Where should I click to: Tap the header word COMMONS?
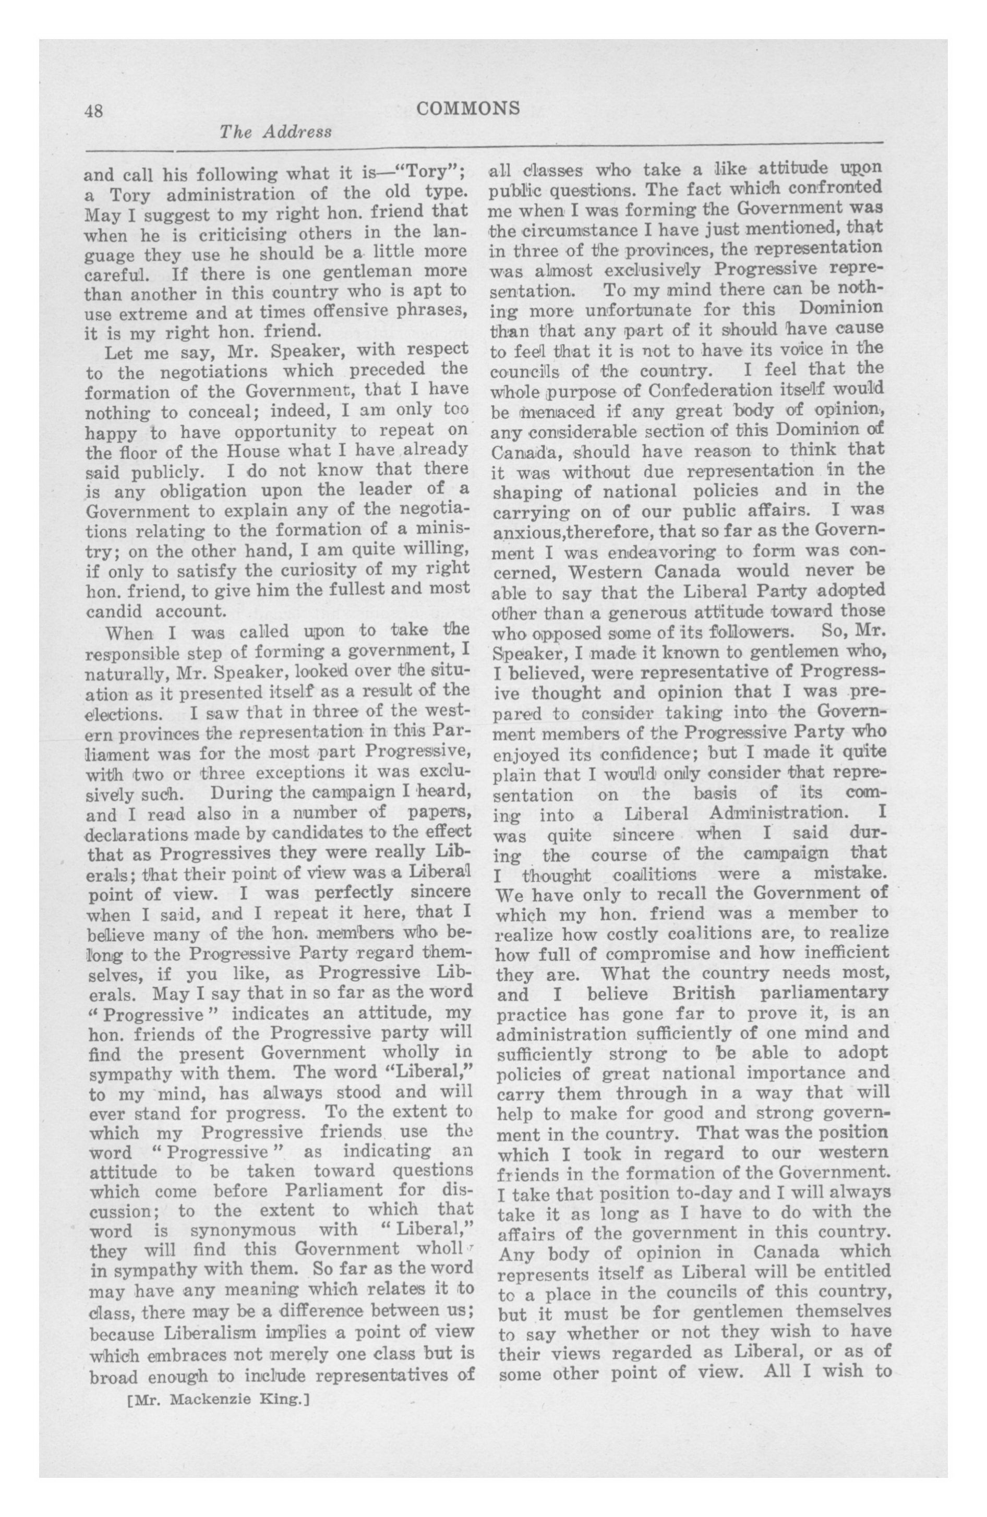(468, 109)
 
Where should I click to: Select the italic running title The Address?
(275, 132)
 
